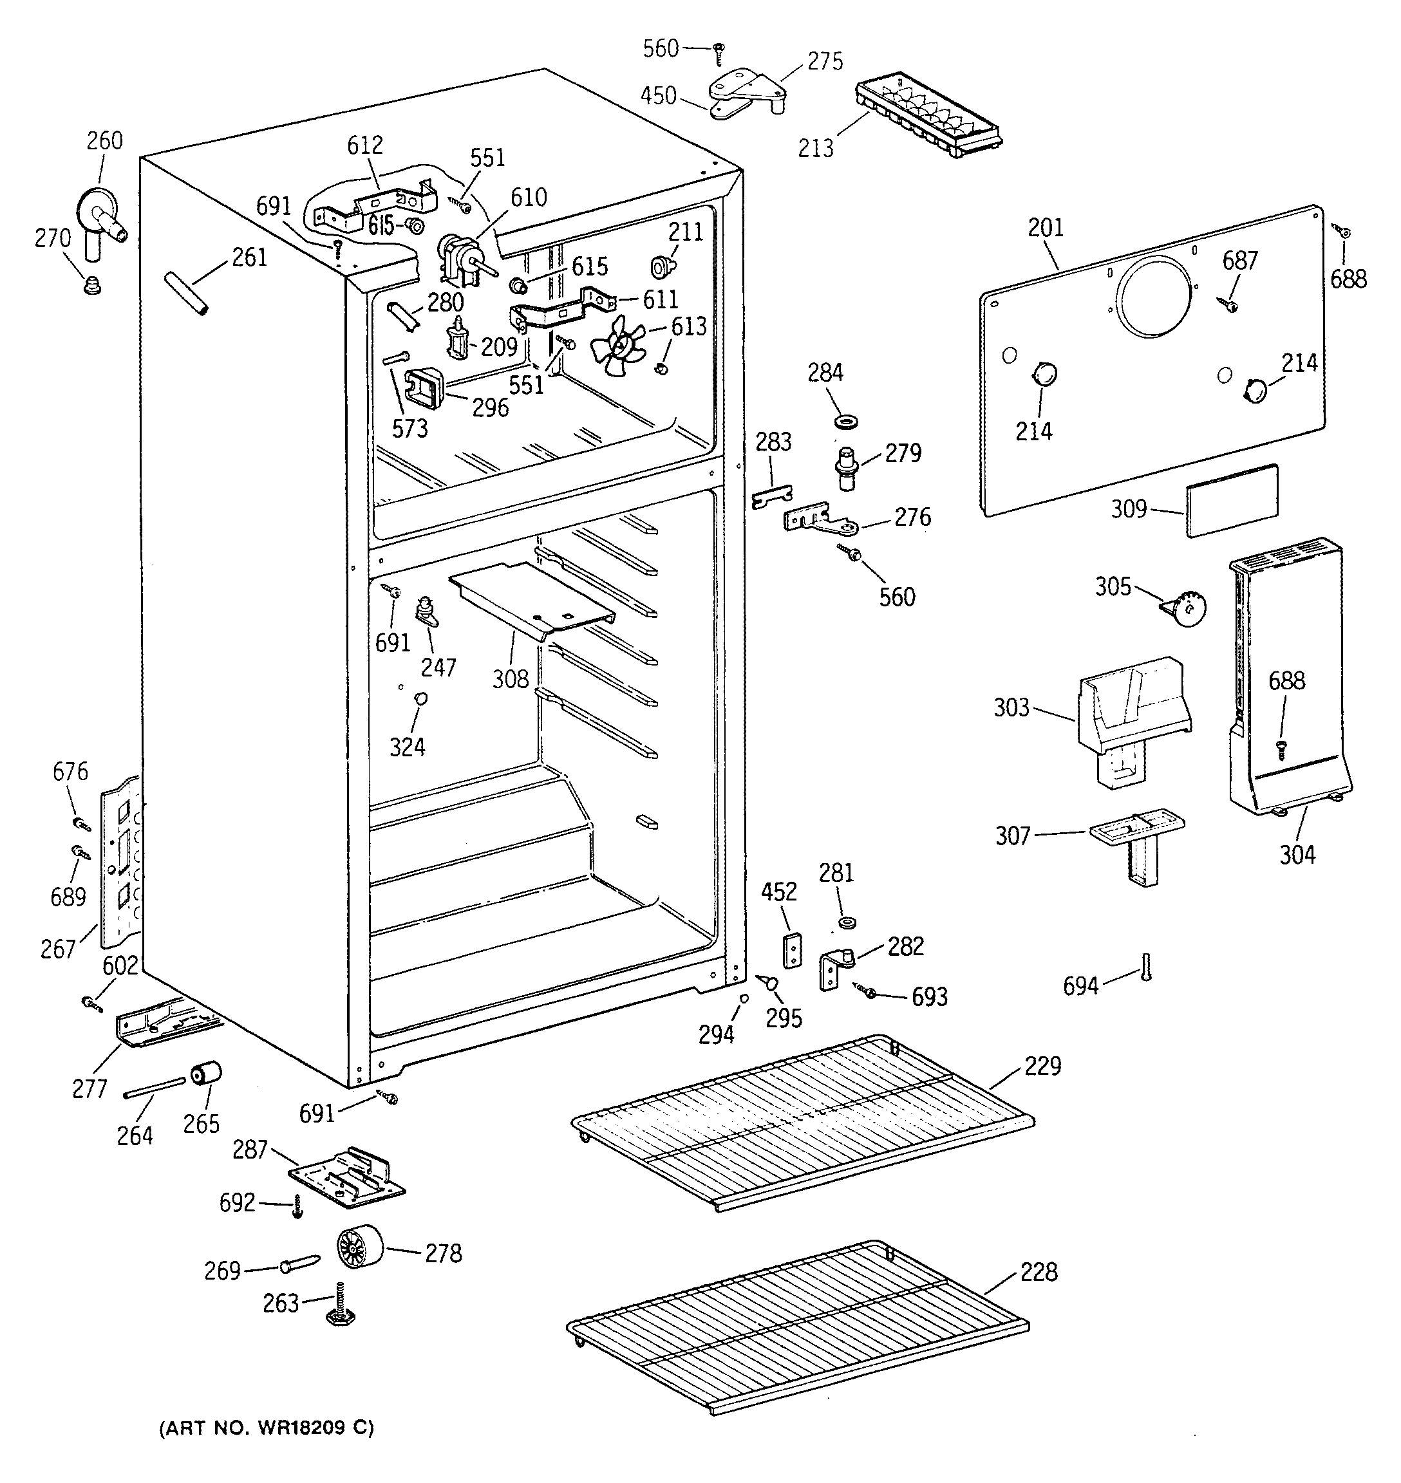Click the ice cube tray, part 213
click(x=928, y=116)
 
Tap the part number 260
click(x=104, y=140)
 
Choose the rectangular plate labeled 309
click(x=1232, y=500)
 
